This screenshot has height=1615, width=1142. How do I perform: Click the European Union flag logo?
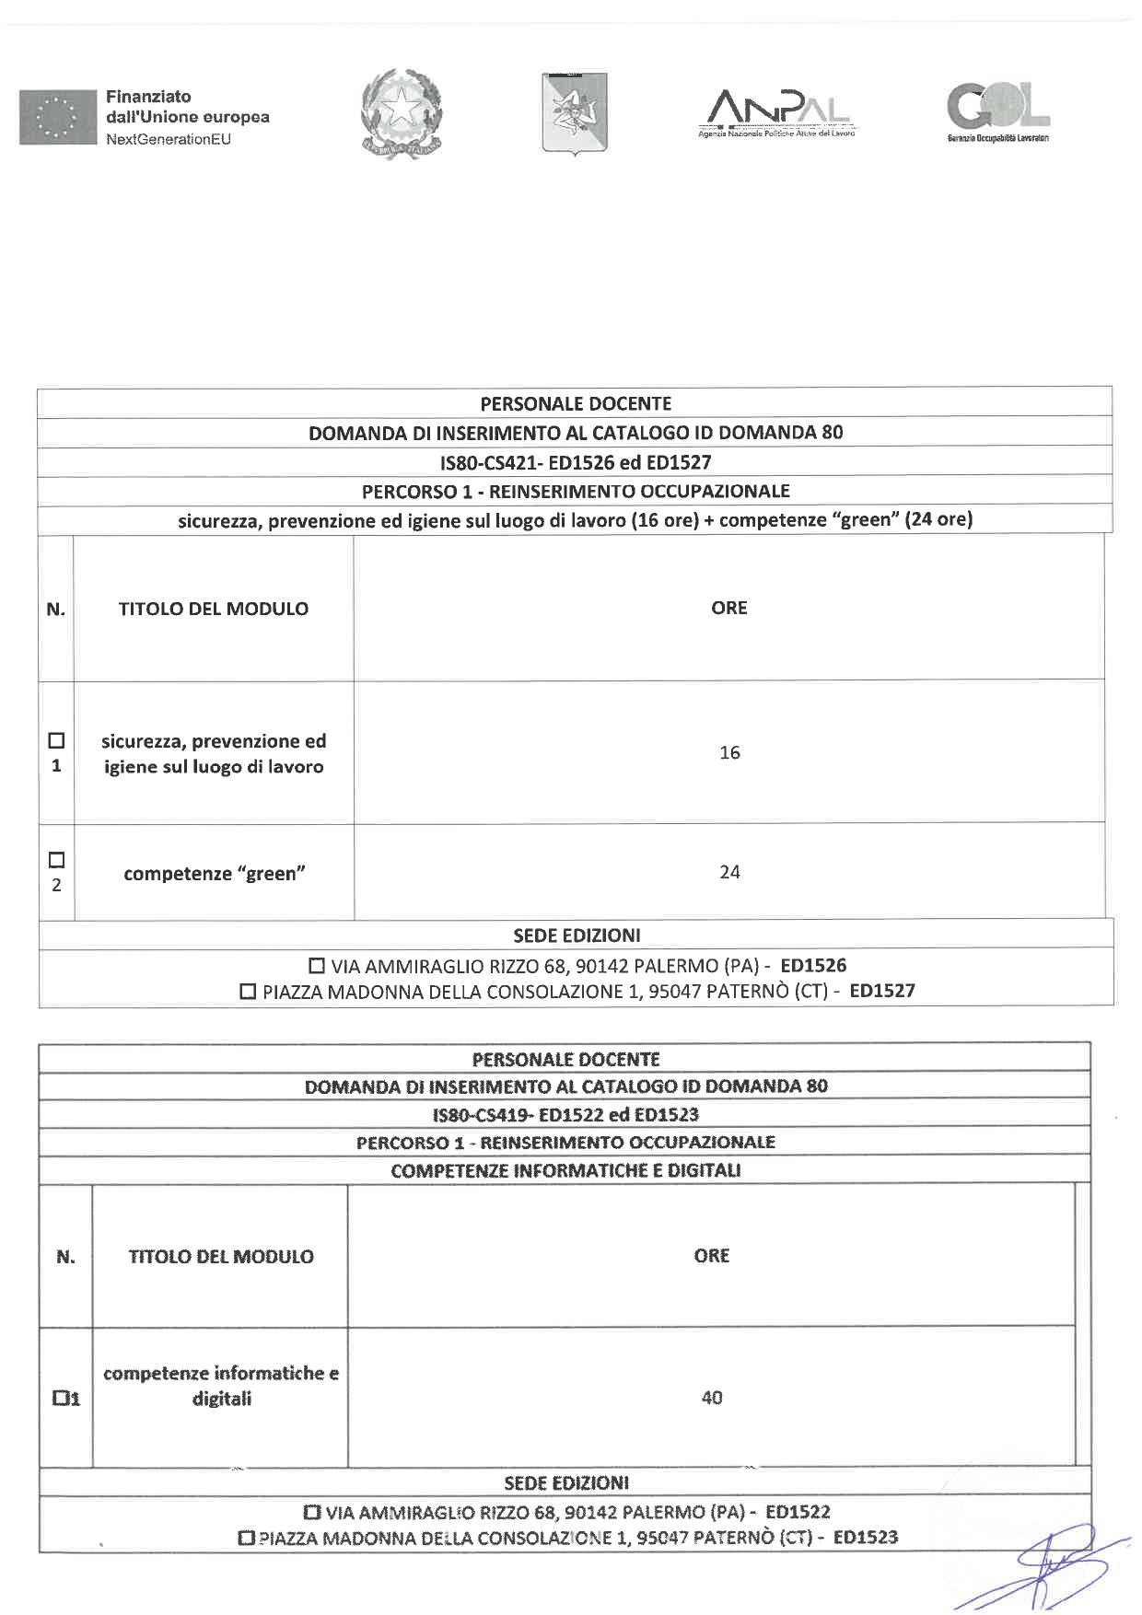click(x=57, y=117)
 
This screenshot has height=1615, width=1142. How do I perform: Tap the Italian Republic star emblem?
click(x=402, y=113)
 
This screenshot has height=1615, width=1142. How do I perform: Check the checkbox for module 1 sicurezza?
click(x=56, y=740)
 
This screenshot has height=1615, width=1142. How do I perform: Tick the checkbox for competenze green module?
click(x=56, y=860)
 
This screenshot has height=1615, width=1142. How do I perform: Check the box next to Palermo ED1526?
click(x=317, y=967)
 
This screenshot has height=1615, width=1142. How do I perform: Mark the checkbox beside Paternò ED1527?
click(x=248, y=993)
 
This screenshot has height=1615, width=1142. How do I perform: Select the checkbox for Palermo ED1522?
click(x=312, y=1512)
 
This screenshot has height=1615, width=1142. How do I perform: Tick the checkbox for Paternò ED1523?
click(x=246, y=1538)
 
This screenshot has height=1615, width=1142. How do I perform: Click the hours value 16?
click(x=729, y=753)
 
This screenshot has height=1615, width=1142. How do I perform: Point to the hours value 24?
click(x=729, y=872)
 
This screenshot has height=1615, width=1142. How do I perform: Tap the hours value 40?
click(x=712, y=1398)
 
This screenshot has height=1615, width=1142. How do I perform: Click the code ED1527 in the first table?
click(x=881, y=992)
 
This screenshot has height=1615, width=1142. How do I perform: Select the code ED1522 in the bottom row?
click(x=798, y=1512)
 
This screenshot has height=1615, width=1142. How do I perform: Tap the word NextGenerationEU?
click(x=169, y=139)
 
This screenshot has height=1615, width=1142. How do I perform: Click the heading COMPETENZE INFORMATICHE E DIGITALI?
click(x=565, y=1171)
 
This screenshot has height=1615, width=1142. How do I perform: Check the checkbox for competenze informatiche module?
click(x=61, y=1399)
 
